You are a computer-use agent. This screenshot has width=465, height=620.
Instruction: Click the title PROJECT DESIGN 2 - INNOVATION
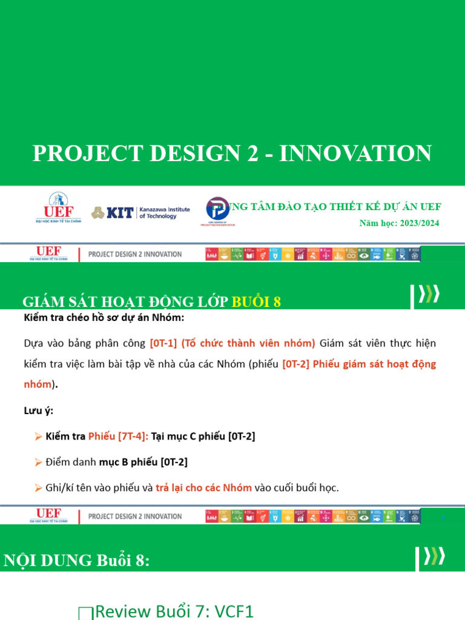coord(232,153)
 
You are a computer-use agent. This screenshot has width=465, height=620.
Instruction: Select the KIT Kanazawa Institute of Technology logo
coord(140,213)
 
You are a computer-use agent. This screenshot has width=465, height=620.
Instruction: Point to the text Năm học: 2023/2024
coord(399,223)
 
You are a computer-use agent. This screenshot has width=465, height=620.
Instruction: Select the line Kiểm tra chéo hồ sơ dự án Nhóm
coord(104,318)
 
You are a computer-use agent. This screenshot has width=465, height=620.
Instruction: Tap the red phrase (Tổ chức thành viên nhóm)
coord(248,343)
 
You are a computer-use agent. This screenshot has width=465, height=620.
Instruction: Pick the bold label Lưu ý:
coord(38,411)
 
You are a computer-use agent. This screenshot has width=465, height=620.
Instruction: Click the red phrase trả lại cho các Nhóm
coord(203,487)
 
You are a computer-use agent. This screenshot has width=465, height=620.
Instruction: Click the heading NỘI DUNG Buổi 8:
coord(76,561)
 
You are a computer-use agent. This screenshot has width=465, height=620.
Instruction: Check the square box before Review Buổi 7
coord(85,613)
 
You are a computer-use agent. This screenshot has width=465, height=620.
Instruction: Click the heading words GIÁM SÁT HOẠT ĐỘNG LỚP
coord(125,302)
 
